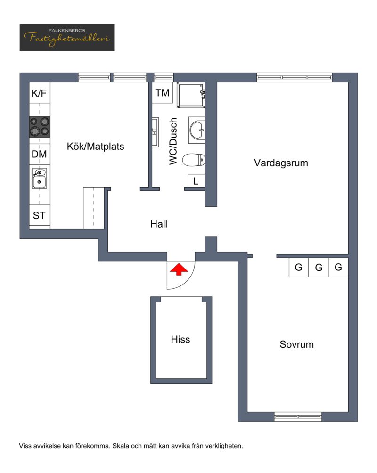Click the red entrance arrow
click(x=179, y=269)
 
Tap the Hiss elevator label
click(x=180, y=339)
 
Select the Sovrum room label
click(x=297, y=344)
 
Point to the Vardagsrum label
click(x=281, y=163)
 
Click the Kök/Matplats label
click(x=95, y=147)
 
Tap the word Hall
click(x=159, y=224)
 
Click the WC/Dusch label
click(x=173, y=141)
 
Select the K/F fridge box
click(x=40, y=93)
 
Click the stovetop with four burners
click(x=40, y=127)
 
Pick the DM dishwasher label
click(x=39, y=154)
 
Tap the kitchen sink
click(x=39, y=178)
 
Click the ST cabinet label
click(x=39, y=215)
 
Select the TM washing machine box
click(x=163, y=93)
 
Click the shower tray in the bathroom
click(x=191, y=95)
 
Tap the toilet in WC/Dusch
click(x=194, y=160)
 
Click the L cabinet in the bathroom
click(x=196, y=181)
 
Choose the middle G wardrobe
click(x=319, y=267)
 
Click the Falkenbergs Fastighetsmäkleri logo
click(x=67, y=37)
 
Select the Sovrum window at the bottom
click(x=298, y=416)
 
